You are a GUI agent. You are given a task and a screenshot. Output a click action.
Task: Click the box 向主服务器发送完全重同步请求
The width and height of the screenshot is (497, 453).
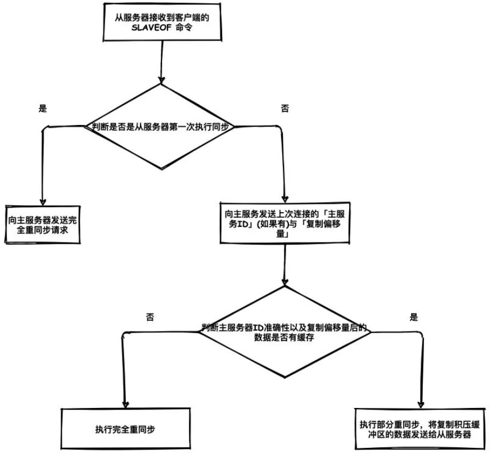(x=42, y=225)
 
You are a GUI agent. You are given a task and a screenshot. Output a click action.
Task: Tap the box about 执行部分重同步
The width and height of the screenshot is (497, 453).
(x=421, y=429)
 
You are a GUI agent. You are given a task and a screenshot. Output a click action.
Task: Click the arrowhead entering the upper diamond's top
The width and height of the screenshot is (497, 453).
(x=161, y=79)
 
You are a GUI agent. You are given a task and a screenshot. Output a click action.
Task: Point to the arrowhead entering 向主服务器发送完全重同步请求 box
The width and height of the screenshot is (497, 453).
(x=42, y=201)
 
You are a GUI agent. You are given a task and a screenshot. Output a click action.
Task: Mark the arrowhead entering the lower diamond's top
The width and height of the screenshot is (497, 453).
(x=284, y=281)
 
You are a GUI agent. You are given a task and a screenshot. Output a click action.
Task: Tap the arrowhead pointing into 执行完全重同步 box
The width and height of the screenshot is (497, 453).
(x=123, y=403)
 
